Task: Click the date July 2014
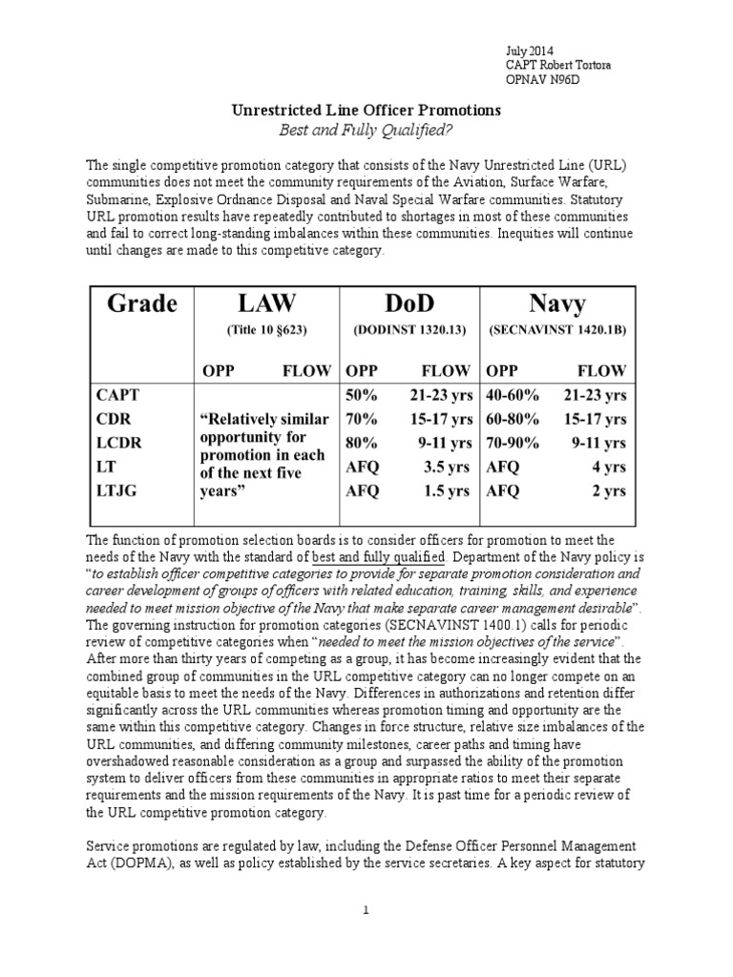pyautogui.click(x=528, y=51)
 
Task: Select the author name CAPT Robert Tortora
pyautogui.click(x=558, y=65)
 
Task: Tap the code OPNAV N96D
pyautogui.click(x=540, y=79)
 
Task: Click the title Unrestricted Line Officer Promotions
pyautogui.click(x=366, y=111)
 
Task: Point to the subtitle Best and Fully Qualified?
pyautogui.click(x=366, y=130)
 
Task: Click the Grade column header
pyautogui.click(x=138, y=303)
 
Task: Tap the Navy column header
pyautogui.click(x=557, y=303)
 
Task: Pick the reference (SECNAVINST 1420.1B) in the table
pyautogui.click(x=557, y=329)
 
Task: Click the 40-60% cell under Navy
pyautogui.click(x=513, y=393)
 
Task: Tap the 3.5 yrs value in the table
pyautogui.click(x=445, y=467)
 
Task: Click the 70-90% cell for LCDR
pyautogui.click(x=513, y=443)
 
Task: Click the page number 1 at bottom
pyautogui.click(x=366, y=911)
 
